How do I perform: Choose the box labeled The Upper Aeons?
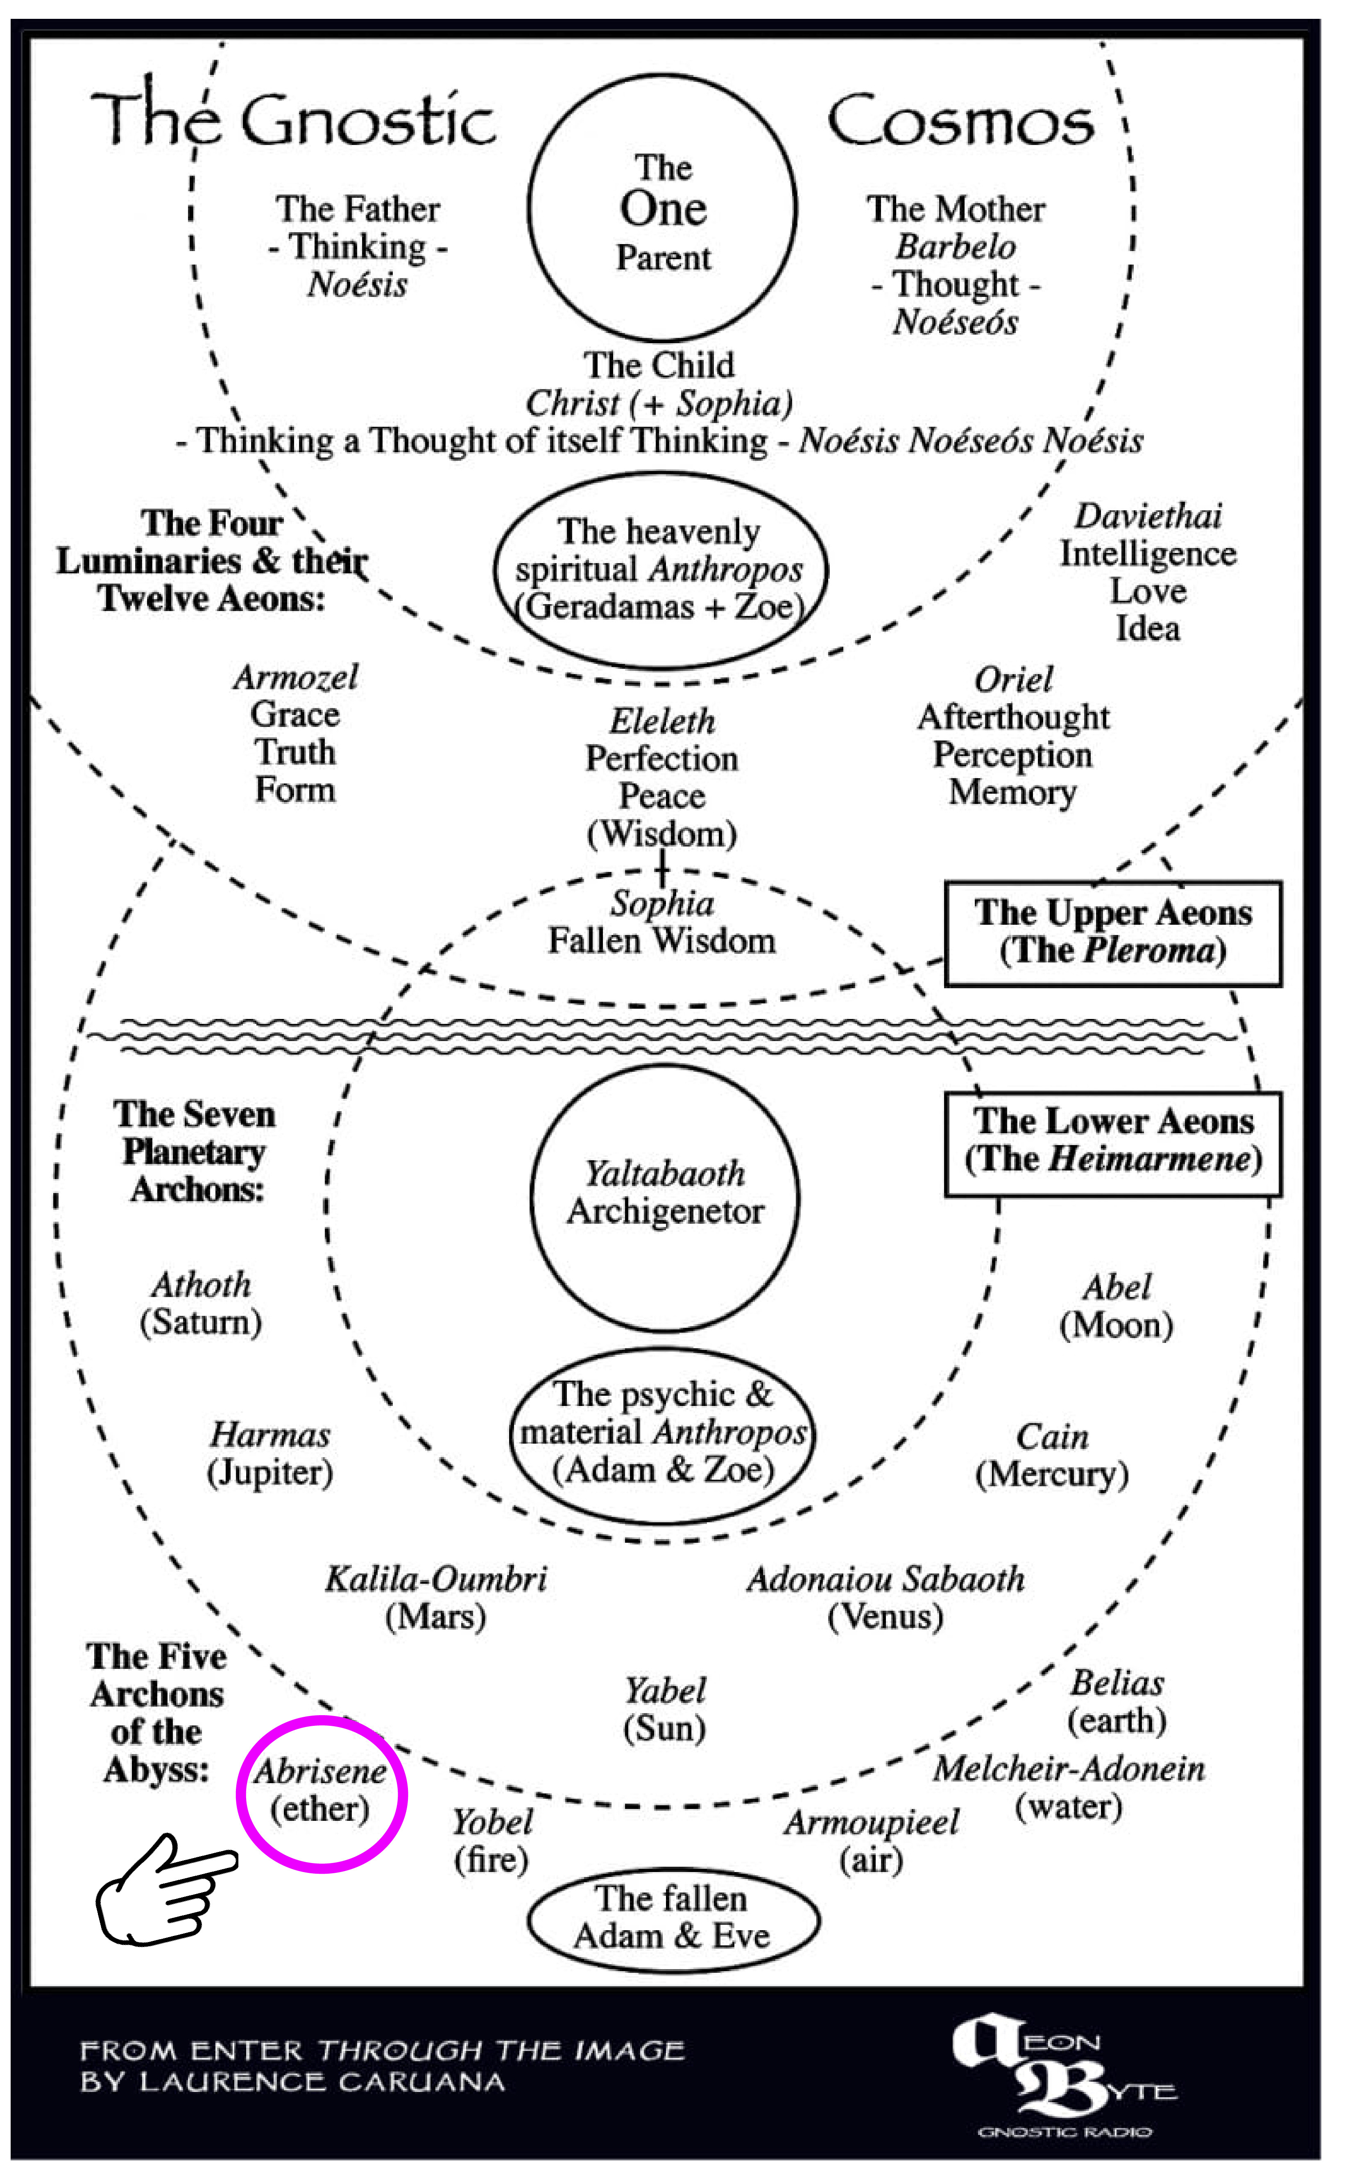pos(1113,932)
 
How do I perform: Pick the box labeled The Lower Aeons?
pos(1113,1143)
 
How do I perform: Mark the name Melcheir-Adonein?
pos(1069,1769)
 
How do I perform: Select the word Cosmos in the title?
pos(960,122)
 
